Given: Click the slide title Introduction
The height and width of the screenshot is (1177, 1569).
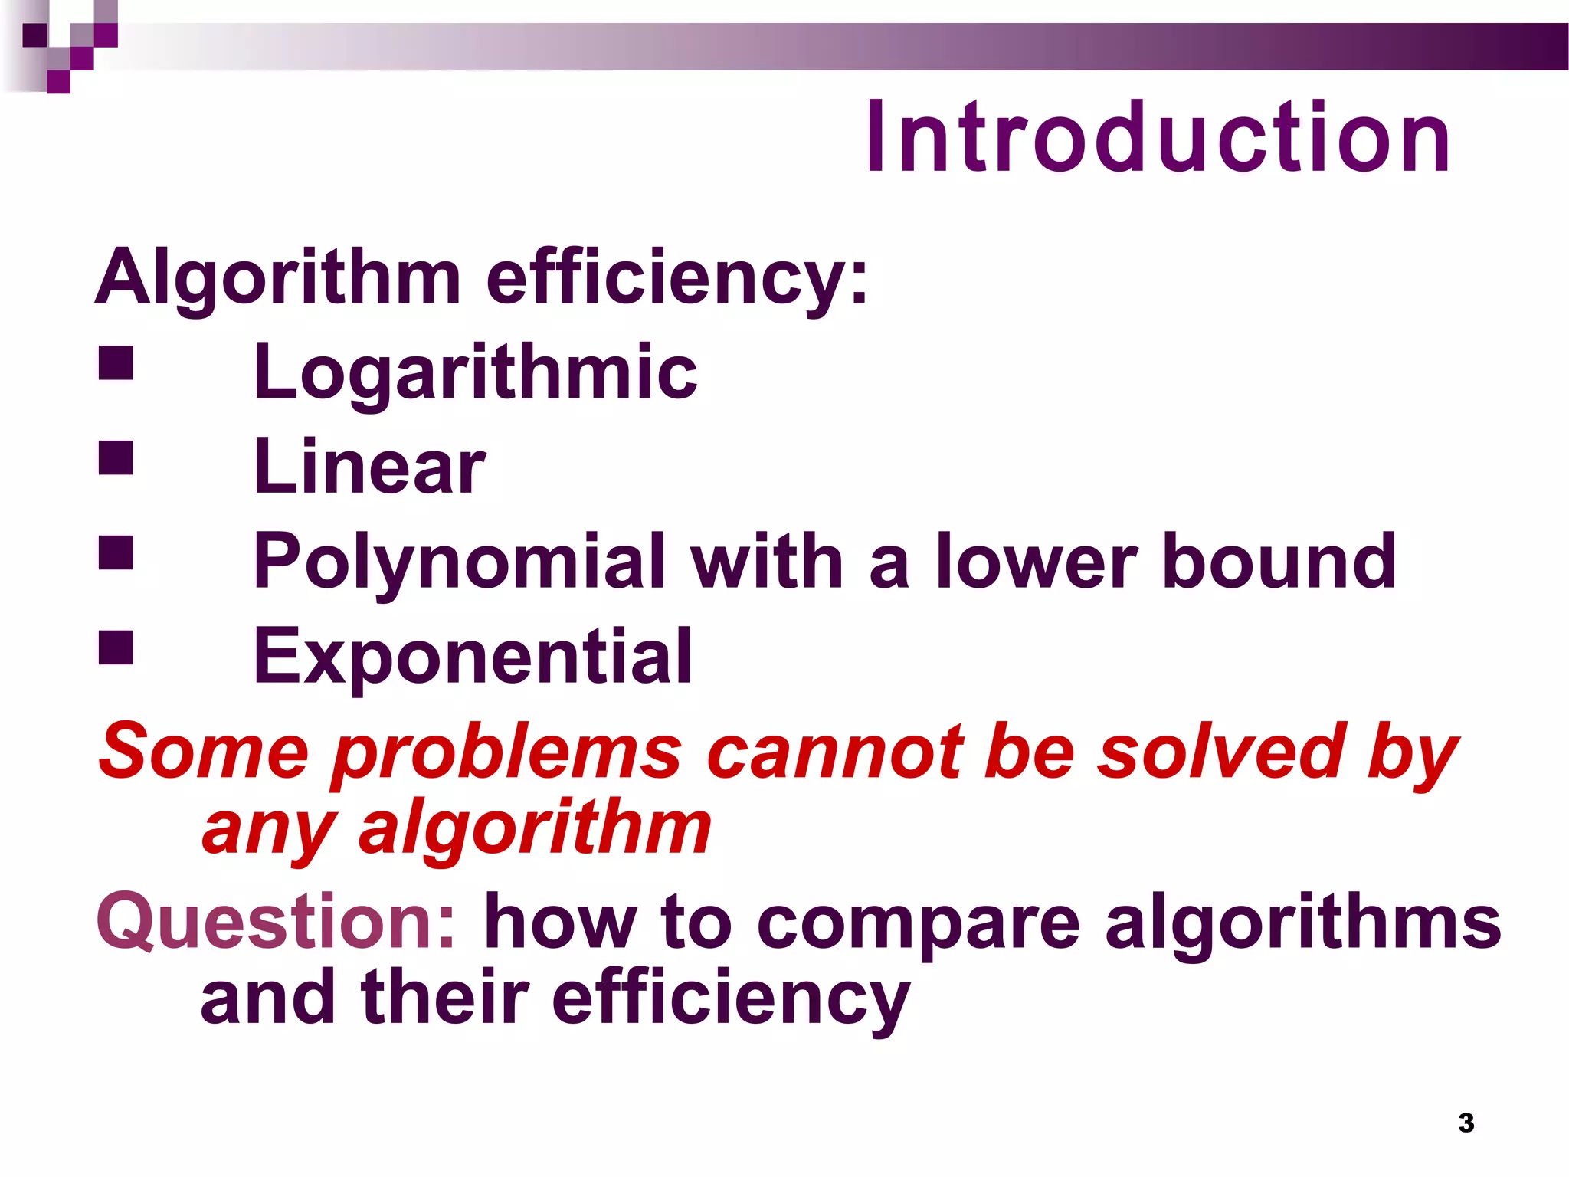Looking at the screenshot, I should (1158, 138).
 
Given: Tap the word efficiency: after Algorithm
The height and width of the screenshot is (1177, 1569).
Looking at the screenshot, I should (677, 277).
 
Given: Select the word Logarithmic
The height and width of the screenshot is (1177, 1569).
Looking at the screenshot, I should (475, 372).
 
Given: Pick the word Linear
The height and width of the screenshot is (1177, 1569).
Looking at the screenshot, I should (369, 467).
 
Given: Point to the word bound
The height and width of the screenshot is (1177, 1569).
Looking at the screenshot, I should (1279, 561).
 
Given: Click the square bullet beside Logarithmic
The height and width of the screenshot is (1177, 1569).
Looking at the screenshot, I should (116, 363).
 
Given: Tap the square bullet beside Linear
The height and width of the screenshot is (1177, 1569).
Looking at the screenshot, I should (116, 457).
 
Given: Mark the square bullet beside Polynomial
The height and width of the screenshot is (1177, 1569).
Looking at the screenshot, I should (116, 552).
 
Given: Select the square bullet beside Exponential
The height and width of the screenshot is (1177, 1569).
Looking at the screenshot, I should (116, 648).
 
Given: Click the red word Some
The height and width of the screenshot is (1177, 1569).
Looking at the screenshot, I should (203, 752).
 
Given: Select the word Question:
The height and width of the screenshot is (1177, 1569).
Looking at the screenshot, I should (277, 922).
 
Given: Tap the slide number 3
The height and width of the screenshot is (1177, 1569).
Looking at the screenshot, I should (1466, 1123).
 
